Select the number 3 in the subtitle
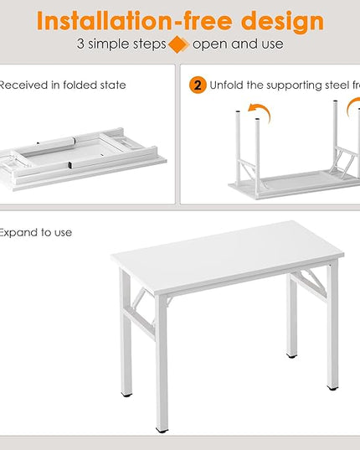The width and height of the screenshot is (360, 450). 80,44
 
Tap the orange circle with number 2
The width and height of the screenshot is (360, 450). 198,85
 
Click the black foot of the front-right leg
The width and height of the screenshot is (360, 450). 332,388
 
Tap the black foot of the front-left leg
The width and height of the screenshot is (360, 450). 162,430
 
